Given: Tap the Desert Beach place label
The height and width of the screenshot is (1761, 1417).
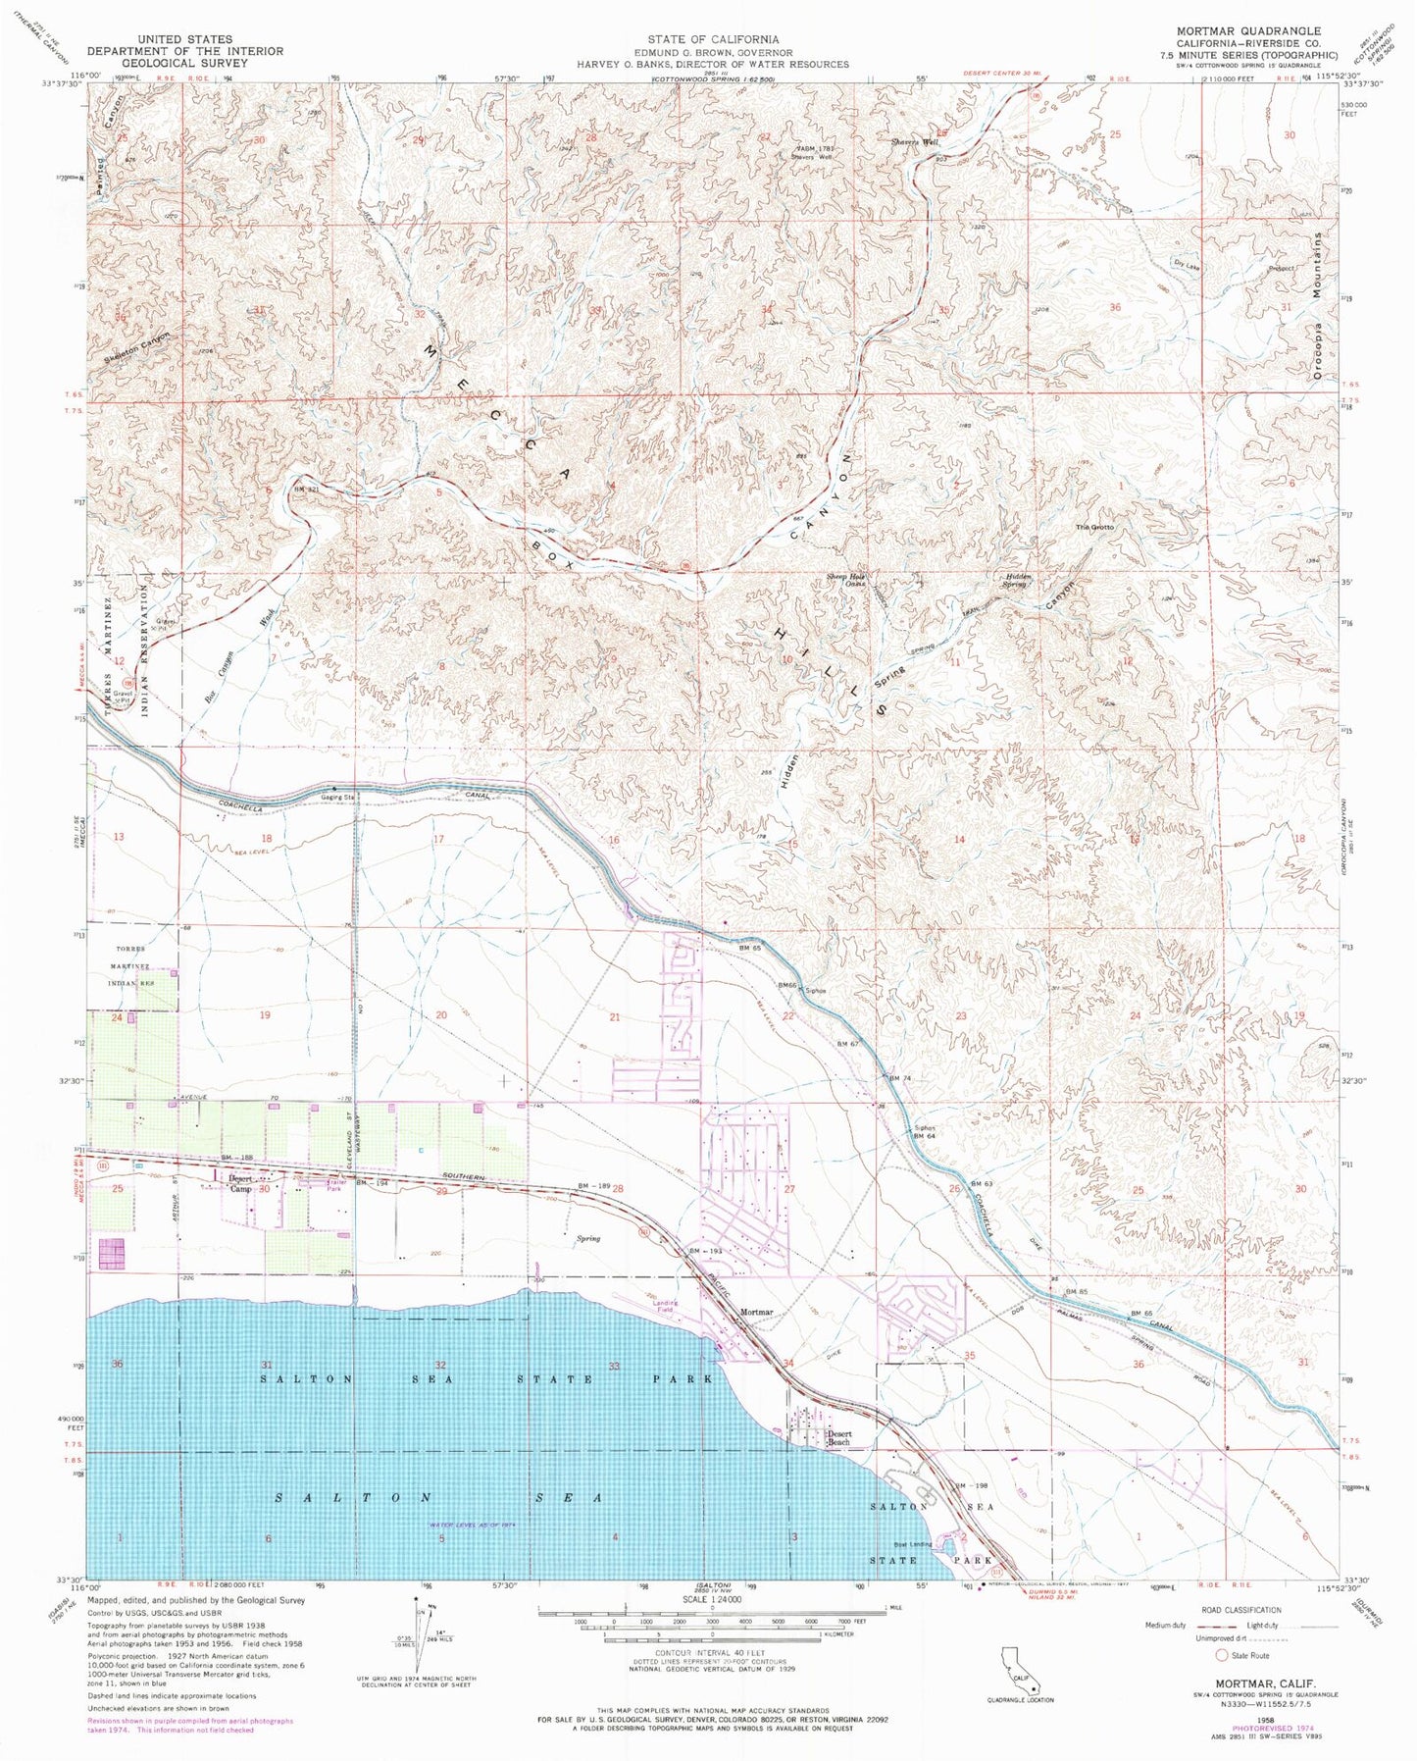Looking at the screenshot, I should pos(837,1438).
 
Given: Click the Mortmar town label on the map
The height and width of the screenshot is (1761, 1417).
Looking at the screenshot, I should pos(756,1312).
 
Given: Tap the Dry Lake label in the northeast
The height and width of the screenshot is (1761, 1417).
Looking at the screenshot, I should pos(1186,266).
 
